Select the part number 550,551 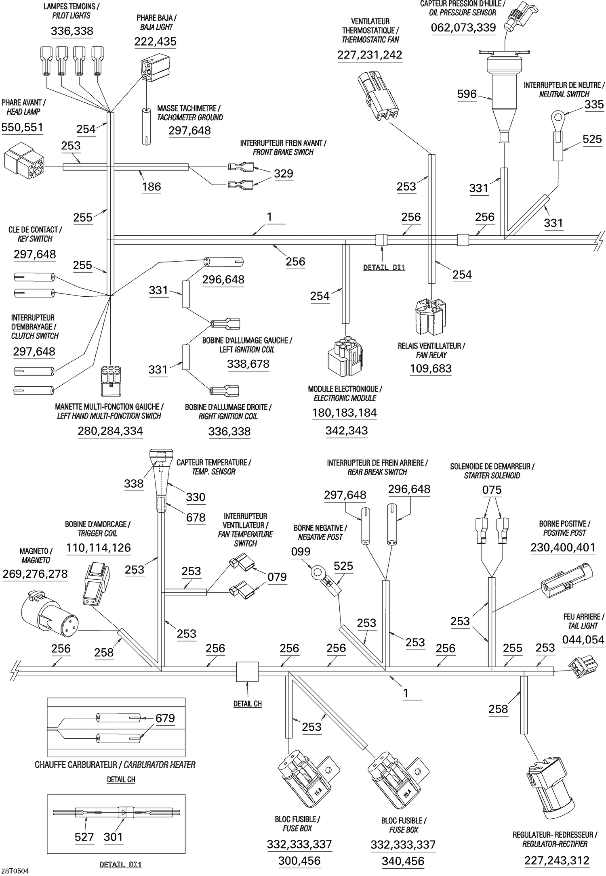22,128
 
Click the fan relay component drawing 431,317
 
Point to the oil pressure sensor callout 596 467,94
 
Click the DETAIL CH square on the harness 247,672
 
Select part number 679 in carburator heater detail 165,718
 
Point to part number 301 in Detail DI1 113,837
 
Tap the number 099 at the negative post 301,552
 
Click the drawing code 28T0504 15,871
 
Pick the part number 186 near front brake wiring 151,187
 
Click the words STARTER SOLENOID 492,476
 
